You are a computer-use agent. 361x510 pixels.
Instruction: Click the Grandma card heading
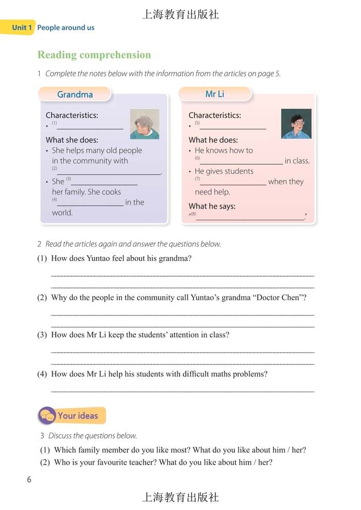click(75, 94)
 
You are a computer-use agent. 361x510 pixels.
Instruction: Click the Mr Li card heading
click(215, 94)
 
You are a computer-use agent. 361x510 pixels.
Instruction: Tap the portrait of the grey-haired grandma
click(144, 124)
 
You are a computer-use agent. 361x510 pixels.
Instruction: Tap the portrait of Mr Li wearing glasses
click(296, 124)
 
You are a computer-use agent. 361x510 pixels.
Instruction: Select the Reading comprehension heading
click(94, 55)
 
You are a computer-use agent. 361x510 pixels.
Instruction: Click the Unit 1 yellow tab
click(18, 27)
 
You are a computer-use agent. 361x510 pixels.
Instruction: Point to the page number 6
click(29, 480)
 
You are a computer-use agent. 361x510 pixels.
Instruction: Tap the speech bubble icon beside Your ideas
click(47, 416)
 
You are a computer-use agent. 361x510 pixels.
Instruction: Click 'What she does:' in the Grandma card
click(72, 140)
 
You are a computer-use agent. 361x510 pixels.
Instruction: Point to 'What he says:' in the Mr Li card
click(212, 206)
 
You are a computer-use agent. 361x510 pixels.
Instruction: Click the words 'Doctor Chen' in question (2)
click(279, 297)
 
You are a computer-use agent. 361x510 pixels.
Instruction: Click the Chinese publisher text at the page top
click(180, 14)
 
